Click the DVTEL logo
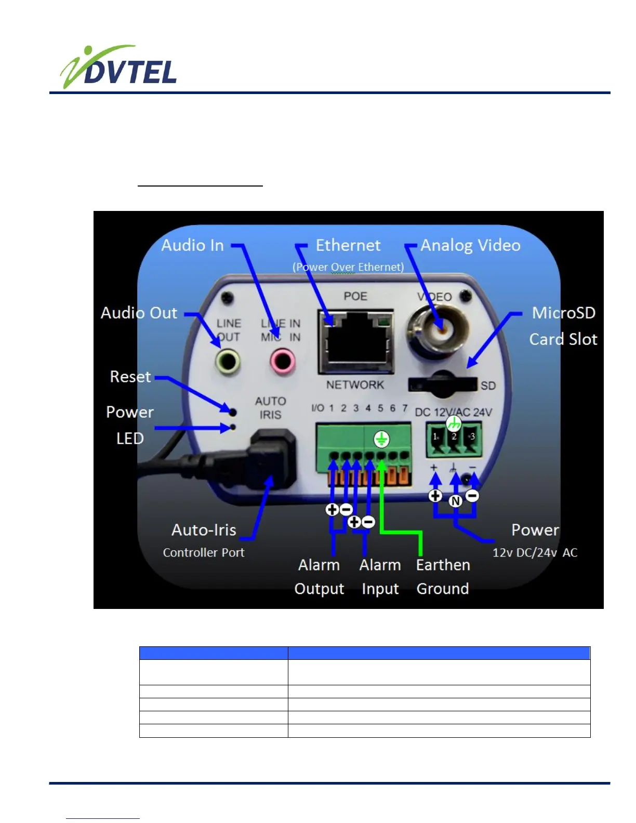[118, 68]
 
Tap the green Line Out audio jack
[228, 361]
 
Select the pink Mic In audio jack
[282, 360]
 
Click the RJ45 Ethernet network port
[355, 340]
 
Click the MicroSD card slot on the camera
[443, 383]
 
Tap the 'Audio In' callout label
[192, 245]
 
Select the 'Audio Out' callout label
[139, 313]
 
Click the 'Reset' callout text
[130, 377]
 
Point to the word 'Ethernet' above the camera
[348, 245]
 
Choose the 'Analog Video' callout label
[470, 245]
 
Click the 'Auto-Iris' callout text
[204, 530]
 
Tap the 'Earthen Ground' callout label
[443, 577]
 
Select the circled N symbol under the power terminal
[456, 501]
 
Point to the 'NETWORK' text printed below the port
[355, 385]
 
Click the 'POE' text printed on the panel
[355, 296]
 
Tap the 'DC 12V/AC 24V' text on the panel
[453, 413]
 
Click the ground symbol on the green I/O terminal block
[381, 440]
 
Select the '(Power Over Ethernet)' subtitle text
[348, 267]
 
